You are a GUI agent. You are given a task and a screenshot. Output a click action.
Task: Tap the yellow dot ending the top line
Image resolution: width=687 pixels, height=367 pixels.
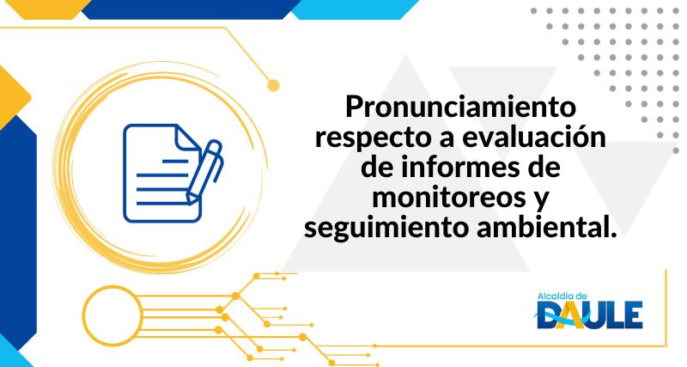point(274,85)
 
